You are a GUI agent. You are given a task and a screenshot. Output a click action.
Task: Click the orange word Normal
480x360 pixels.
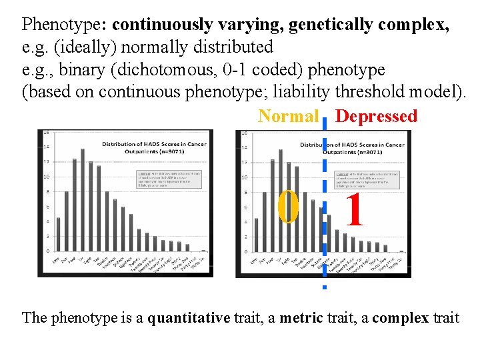[x=288, y=116]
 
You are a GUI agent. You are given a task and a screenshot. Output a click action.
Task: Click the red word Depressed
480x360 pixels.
[x=376, y=116]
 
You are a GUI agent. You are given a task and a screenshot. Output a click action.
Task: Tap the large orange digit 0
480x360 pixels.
[x=289, y=208]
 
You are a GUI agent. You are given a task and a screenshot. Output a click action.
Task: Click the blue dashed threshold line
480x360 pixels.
[x=324, y=200]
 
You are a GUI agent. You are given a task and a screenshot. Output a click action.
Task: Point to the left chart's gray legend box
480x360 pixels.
[x=161, y=179]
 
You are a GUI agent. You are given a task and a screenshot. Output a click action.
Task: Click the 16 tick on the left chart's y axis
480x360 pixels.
[x=46, y=132]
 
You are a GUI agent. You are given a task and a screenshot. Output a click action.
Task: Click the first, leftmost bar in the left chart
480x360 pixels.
[x=58, y=233]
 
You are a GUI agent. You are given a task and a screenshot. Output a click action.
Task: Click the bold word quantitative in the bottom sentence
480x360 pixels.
[x=189, y=317]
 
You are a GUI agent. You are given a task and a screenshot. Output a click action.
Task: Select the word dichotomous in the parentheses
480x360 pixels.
[x=163, y=70]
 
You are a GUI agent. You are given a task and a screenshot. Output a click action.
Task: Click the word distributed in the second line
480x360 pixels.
[x=235, y=47]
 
